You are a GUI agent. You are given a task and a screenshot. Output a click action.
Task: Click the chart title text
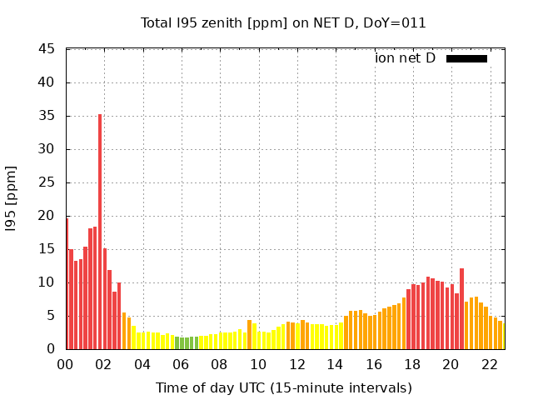click(283, 23)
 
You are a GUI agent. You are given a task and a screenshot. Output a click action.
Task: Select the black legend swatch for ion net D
click(466, 58)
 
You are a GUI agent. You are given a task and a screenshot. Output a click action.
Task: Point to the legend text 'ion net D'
click(405, 58)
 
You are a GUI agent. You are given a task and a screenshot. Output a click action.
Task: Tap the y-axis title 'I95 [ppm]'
click(12, 199)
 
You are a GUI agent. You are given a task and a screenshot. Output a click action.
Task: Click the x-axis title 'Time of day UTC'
click(283, 387)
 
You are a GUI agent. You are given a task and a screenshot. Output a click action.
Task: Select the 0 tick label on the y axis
click(51, 349)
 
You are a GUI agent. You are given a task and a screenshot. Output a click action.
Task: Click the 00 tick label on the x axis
click(66, 364)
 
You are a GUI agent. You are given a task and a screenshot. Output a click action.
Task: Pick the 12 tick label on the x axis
click(296, 364)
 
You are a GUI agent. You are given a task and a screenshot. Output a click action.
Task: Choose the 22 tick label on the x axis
click(489, 364)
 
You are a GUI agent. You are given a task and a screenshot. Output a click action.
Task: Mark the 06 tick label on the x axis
click(182, 364)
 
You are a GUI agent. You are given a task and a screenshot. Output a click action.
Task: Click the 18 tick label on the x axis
click(412, 364)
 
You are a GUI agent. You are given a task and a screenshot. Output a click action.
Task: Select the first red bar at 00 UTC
click(67, 283)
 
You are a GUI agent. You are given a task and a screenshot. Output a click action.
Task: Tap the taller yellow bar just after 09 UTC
click(249, 335)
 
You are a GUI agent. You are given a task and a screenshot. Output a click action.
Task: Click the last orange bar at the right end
click(500, 335)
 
